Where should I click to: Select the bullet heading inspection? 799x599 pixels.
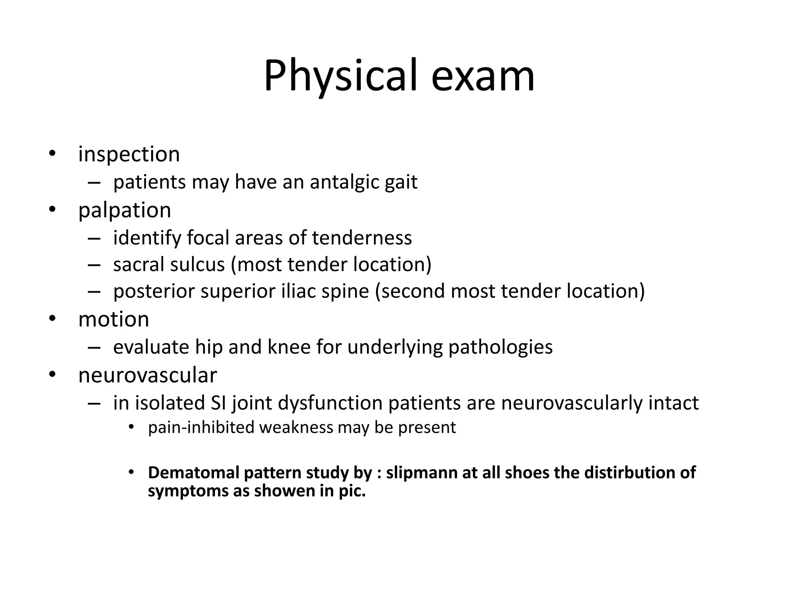pyautogui.click(x=129, y=154)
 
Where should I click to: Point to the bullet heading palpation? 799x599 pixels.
pyautogui.click(x=124, y=210)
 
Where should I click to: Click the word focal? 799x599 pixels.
pyautogui.click(x=208, y=238)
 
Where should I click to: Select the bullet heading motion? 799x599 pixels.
pyautogui.click(x=114, y=319)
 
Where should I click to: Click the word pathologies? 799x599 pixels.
pyautogui.click(x=501, y=347)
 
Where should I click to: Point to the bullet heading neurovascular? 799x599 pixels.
pyautogui.click(x=147, y=375)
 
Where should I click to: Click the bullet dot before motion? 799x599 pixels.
pyautogui.click(x=52, y=319)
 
